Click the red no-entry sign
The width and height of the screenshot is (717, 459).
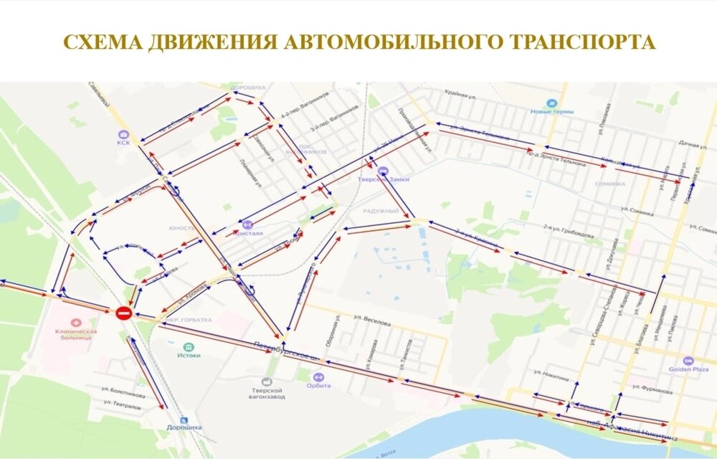pos(123,313)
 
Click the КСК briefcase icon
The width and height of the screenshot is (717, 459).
pos(123,134)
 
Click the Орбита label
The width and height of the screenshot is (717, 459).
pos(319,385)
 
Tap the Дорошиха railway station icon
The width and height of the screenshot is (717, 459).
pos(184,420)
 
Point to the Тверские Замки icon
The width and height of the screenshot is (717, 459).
pos(384,171)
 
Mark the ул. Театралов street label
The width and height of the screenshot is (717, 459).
pos(121,406)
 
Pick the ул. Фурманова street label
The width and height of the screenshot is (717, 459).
pos(652,392)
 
